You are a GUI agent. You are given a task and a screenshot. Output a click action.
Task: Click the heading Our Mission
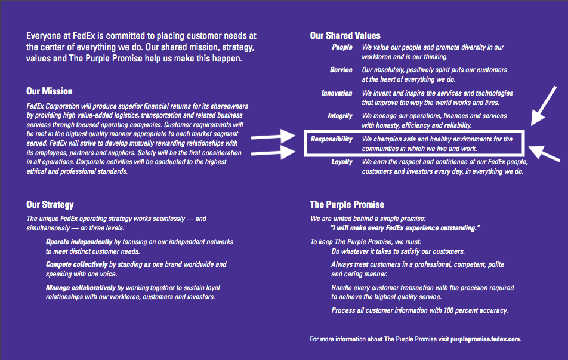click(50, 91)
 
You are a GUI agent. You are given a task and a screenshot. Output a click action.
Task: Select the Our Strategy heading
click(50, 205)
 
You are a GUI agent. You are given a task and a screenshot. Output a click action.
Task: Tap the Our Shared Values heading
click(345, 36)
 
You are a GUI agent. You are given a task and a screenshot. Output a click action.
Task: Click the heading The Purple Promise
click(347, 205)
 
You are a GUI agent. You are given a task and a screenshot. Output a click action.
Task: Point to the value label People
click(342, 48)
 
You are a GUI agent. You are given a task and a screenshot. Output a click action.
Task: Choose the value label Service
click(341, 70)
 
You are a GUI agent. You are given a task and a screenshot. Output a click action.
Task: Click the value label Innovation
click(337, 93)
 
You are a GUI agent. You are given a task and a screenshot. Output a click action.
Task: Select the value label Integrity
click(340, 116)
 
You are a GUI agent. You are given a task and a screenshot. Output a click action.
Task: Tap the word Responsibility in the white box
click(332, 140)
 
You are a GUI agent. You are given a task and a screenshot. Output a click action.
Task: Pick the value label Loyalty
click(342, 162)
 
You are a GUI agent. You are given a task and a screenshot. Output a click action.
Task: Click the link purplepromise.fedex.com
click(486, 339)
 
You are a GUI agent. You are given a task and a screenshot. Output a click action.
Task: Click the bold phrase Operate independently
click(79, 242)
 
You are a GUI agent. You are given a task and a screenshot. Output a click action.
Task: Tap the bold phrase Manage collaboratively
click(81, 287)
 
